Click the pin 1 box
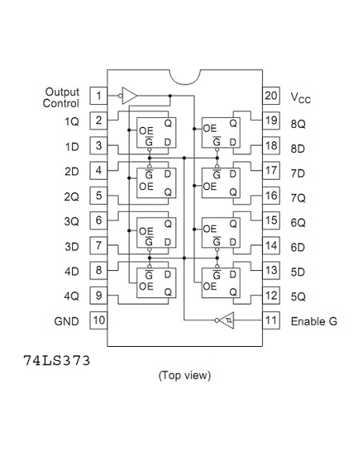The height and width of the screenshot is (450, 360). click(x=99, y=95)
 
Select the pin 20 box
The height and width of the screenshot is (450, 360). click(x=271, y=95)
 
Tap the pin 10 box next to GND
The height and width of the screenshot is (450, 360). click(x=99, y=320)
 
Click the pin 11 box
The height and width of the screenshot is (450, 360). click(x=271, y=320)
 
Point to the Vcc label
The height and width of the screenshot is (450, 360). click(x=300, y=98)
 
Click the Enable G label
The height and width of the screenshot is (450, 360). click(x=314, y=321)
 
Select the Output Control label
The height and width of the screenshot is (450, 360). click(x=61, y=98)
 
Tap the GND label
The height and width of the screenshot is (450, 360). click(x=66, y=321)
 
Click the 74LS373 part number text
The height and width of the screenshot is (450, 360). click(x=57, y=361)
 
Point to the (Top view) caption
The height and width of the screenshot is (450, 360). click(x=185, y=376)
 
